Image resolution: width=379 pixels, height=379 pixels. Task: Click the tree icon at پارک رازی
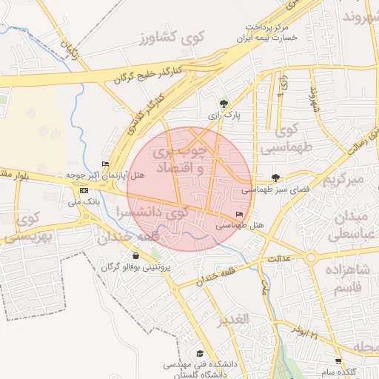pos(224,103)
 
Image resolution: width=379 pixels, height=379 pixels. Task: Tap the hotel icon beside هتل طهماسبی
pos(238,214)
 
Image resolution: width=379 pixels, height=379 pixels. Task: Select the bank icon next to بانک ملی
pos(83,190)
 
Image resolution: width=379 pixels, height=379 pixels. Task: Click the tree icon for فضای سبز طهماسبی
pos(276,177)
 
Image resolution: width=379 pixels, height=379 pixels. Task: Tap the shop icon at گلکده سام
pos(338,361)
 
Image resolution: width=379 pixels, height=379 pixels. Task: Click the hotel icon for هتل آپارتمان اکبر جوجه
pos(105,164)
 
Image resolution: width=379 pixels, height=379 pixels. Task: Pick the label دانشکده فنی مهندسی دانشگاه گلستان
pos(193,369)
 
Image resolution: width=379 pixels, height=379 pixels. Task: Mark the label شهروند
pos(360,16)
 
